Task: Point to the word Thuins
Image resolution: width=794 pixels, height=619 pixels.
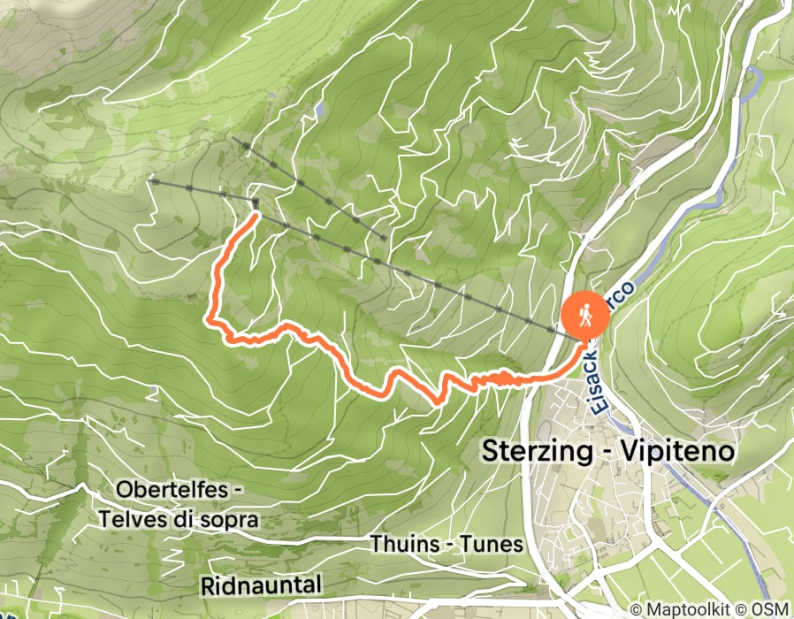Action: coord(403,543)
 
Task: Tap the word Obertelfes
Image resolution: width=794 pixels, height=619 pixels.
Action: coord(176,490)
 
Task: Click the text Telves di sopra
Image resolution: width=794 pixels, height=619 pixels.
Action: coord(179,519)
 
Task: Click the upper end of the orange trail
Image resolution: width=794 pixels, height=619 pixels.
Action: coord(256,215)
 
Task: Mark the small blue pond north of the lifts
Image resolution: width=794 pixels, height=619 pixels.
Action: coord(317,110)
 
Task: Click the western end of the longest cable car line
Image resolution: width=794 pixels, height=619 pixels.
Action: coord(151,181)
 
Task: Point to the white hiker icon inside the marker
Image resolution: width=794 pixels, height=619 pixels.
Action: coord(584,315)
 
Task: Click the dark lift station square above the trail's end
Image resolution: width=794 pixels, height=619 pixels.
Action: coord(256,203)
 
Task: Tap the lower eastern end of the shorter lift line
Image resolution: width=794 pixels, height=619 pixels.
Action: coord(383,237)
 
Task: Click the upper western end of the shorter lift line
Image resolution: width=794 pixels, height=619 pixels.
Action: coord(234,139)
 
